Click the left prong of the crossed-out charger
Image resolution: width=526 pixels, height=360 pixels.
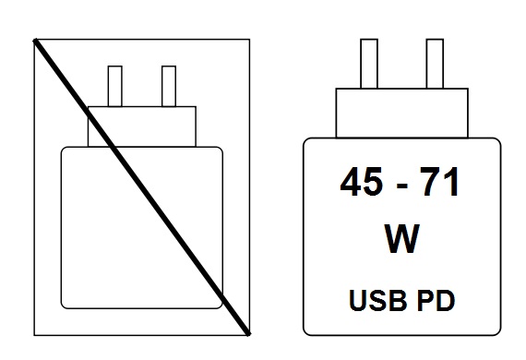click(x=115, y=86)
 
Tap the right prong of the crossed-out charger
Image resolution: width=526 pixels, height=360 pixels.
click(x=168, y=86)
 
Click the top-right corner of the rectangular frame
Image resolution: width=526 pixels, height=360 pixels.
click(x=249, y=39)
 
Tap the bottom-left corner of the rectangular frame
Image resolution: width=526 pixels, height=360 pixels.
click(x=34, y=333)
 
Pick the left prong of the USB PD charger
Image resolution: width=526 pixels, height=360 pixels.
click(x=368, y=65)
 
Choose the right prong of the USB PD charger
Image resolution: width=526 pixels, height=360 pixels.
click(x=434, y=65)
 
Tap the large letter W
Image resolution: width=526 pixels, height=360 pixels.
click(x=401, y=241)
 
